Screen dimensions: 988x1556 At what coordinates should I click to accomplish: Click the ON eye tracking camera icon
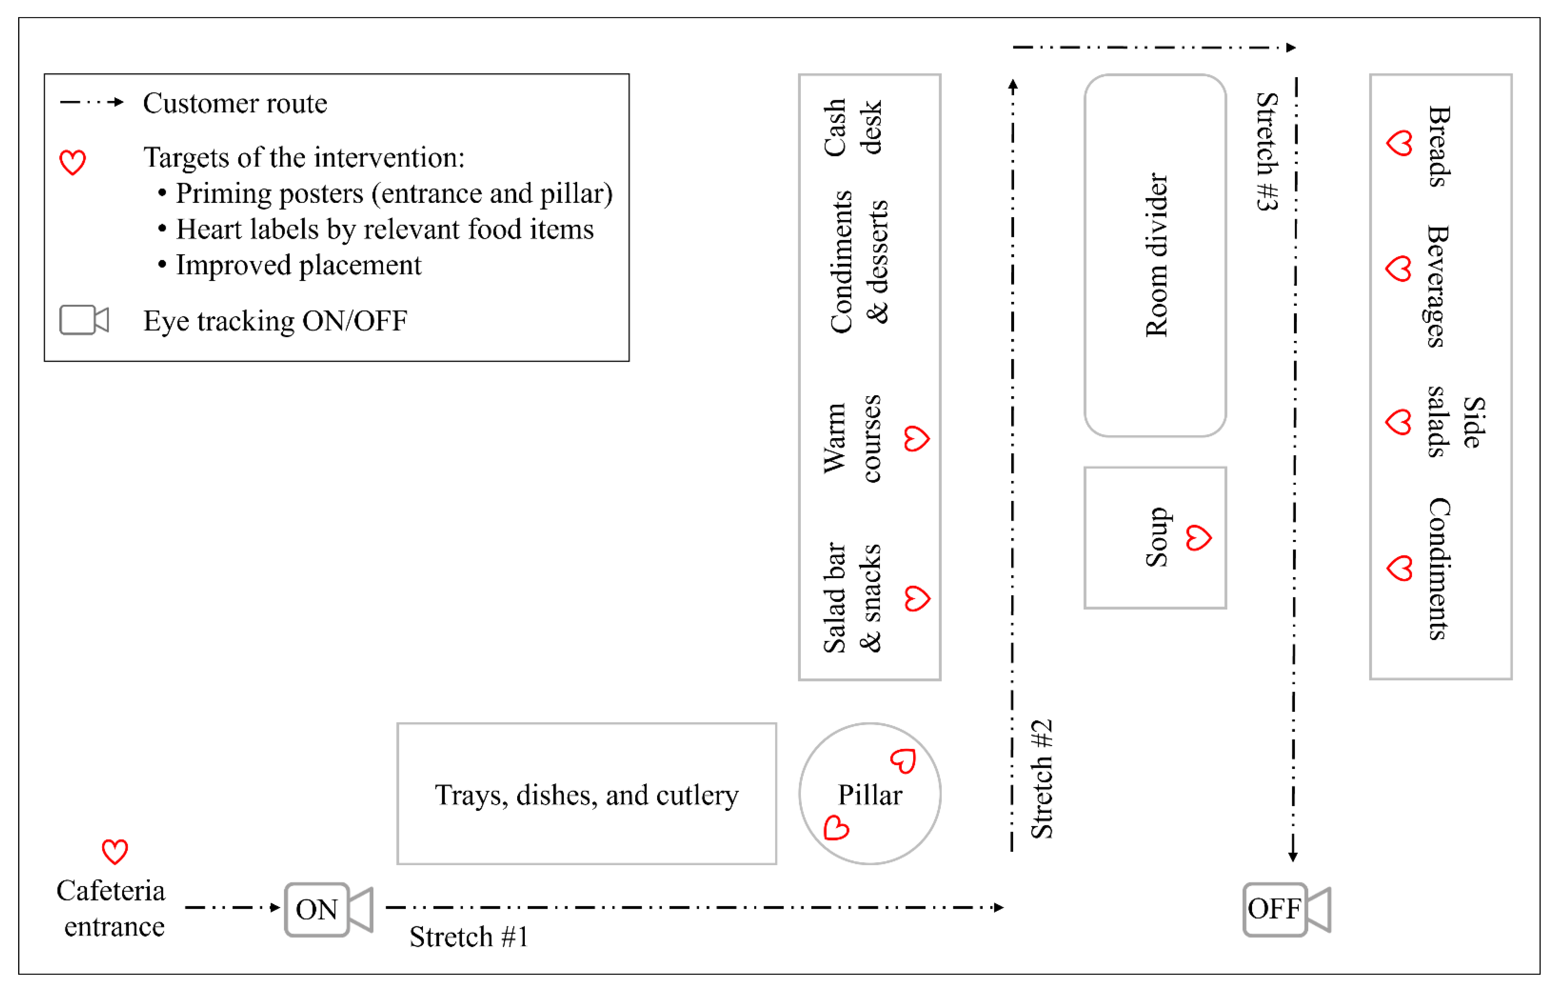(328, 909)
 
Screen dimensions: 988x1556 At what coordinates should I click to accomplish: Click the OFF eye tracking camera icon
(1286, 909)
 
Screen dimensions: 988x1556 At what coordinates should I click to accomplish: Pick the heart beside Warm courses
(916, 439)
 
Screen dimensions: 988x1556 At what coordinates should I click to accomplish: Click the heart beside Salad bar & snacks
(916, 599)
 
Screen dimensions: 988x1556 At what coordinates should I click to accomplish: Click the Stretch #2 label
(1041, 779)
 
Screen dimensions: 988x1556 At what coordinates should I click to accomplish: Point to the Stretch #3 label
(1266, 152)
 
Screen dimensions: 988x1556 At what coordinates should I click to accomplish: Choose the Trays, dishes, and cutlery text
(587, 795)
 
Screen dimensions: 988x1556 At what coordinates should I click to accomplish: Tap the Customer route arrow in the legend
(92, 102)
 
